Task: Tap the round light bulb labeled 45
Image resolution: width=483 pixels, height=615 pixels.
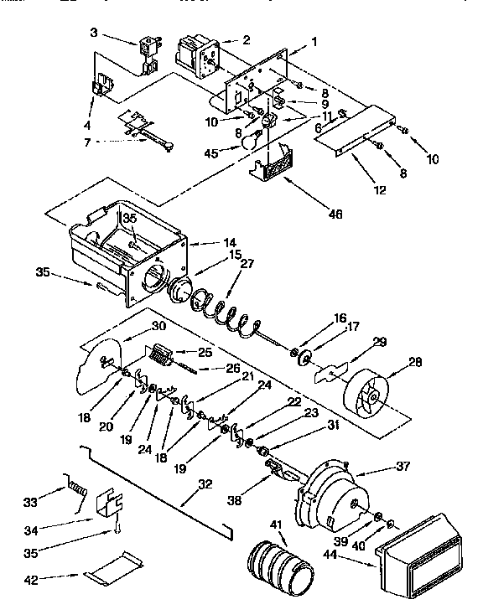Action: [249, 143]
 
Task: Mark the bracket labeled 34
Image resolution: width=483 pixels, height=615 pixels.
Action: [112, 508]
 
